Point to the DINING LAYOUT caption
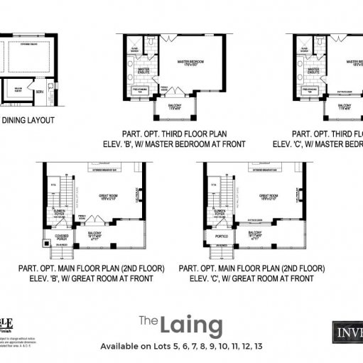pyautogui.click(x=28, y=120)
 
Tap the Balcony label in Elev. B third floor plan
pyautogui.click(x=175, y=105)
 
